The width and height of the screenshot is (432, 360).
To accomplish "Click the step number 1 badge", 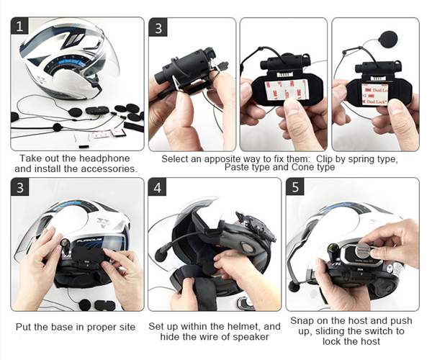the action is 19,26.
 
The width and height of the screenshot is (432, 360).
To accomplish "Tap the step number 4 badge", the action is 157,187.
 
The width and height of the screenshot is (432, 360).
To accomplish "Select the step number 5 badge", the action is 295,186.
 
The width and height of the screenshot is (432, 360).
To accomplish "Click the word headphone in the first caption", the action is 104,158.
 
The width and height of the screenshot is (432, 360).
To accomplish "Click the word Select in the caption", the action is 175,159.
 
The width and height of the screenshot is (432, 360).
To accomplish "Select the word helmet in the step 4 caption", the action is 244,326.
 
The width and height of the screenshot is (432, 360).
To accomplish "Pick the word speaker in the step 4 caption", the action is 253,336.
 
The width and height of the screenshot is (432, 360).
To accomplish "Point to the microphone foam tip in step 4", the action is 161,253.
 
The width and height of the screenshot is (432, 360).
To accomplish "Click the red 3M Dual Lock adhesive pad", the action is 375,94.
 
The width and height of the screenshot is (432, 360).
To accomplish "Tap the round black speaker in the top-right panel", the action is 388,40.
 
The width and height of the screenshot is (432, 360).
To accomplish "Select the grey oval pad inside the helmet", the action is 248,246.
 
